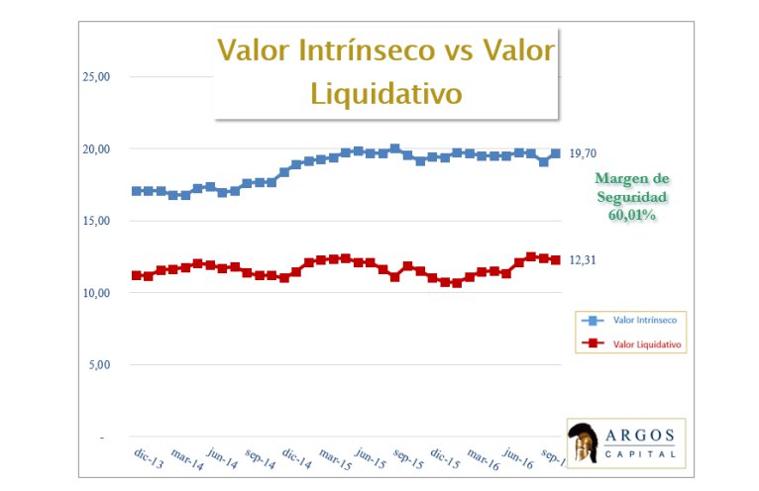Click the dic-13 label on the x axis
click(x=149, y=454)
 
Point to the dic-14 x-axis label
click(x=296, y=457)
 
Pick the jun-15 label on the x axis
click(x=371, y=457)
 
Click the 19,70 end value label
click(x=585, y=152)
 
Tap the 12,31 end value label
click(x=584, y=260)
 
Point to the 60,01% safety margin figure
click(x=632, y=215)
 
